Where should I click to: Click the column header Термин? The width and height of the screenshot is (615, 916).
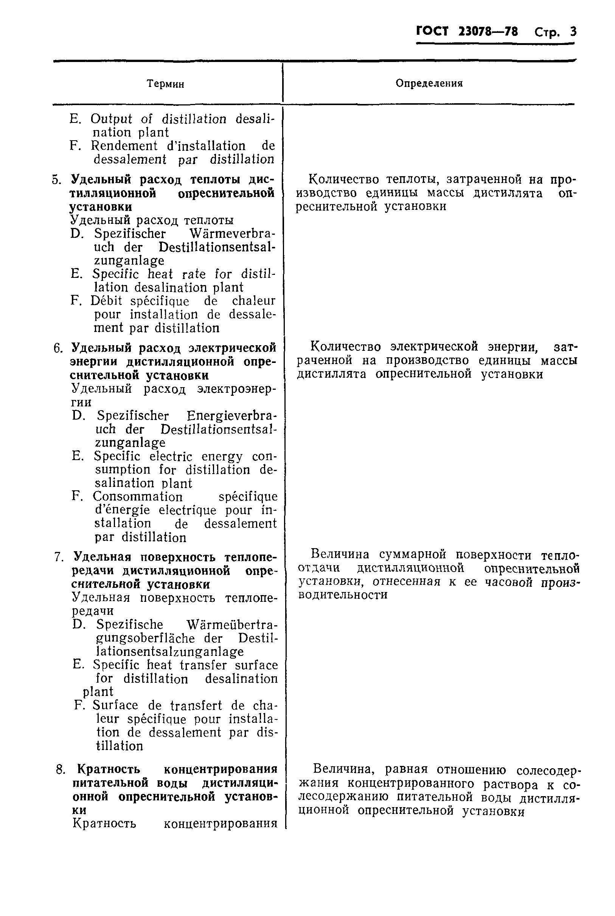click(x=165, y=84)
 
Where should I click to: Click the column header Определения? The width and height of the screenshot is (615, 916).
click(x=429, y=83)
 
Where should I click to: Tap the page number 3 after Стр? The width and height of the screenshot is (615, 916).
click(x=573, y=32)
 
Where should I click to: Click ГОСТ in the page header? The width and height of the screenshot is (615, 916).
click(x=432, y=31)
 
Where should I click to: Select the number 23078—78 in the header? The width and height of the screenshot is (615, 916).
click(x=488, y=31)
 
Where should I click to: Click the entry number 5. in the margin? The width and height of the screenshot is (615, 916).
click(x=57, y=180)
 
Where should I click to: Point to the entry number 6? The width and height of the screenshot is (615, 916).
click(x=58, y=348)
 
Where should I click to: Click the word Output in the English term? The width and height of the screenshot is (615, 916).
click(x=111, y=119)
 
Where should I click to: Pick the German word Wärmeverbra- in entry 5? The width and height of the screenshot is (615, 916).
click(x=232, y=234)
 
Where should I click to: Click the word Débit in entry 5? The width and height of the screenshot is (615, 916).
click(x=106, y=301)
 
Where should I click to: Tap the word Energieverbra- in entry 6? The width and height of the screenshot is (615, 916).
click(x=231, y=415)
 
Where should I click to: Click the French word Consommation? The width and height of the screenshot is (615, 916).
click(x=137, y=496)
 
